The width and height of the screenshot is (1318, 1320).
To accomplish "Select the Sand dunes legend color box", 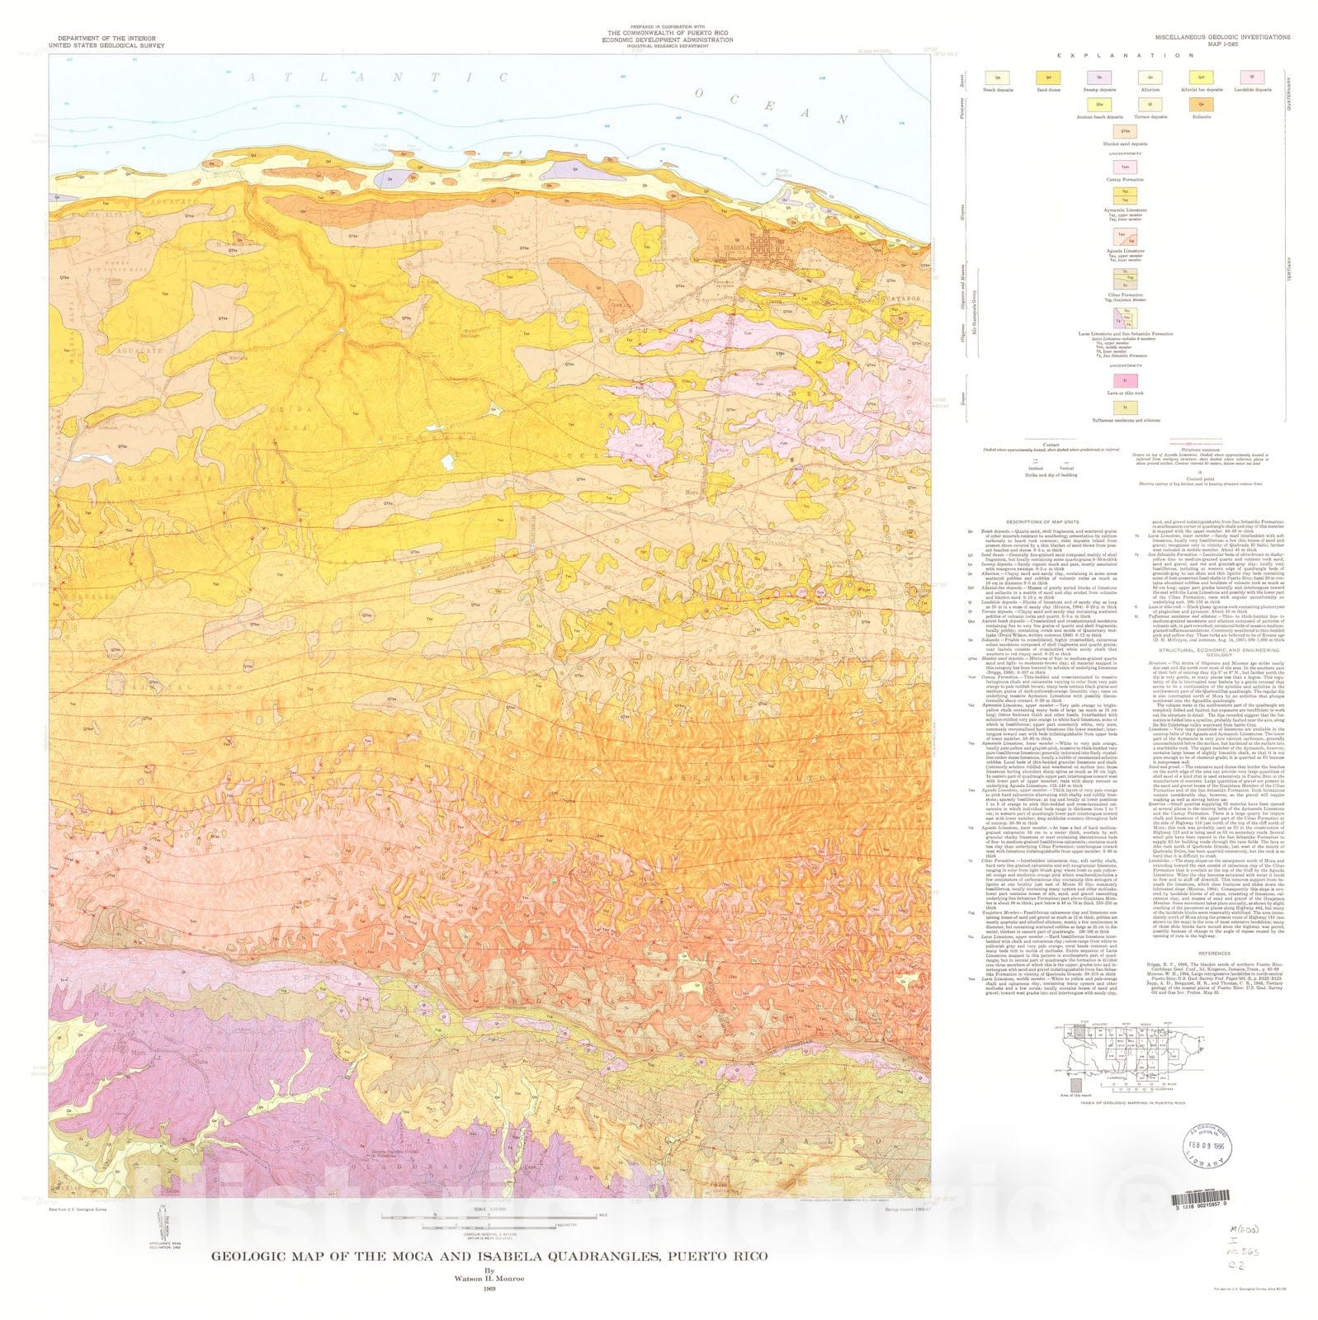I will pyautogui.click(x=1043, y=78).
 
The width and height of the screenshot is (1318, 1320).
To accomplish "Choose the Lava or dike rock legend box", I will pyautogui.click(x=1124, y=380).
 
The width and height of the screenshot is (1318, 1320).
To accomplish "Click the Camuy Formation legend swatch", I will pyautogui.click(x=1124, y=167).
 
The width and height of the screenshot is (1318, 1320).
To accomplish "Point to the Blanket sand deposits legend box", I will pyautogui.click(x=1124, y=132).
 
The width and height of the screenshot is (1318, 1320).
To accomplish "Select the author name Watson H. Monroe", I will pyautogui.click(x=489, y=1279).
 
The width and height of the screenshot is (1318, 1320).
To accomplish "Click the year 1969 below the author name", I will pyautogui.click(x=489, y=1289).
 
